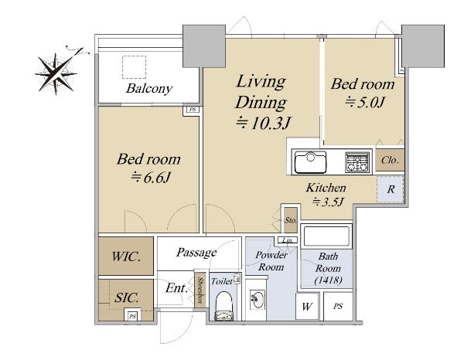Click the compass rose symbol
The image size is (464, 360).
click(x=56, y=73)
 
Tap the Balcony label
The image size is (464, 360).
click(x=148, y=88)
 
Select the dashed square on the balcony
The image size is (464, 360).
click(x=134, y=67)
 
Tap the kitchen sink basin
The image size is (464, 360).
click(x=310, y=162)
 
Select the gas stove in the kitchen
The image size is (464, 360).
click(x=357, y=162)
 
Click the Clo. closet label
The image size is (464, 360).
click(x=390, y=160)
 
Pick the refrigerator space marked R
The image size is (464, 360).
click(x=391, y=189)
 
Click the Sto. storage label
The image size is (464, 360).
click(x=291, y=220)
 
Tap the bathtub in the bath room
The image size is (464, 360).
click(x=326, y=236)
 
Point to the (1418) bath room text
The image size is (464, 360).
click(x=328, y=280)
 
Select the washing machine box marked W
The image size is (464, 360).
click(x=307, y=306)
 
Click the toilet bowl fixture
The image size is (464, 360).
click(x=224, y=306)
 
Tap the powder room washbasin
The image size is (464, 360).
click(x=258, y=300)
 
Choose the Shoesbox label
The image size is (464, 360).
click(x=200, y=290)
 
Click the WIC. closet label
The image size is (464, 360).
click(x=126, y=256)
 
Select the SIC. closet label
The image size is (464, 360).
click(x=126, y=297)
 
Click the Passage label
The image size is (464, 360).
click(x=196, y=253)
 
